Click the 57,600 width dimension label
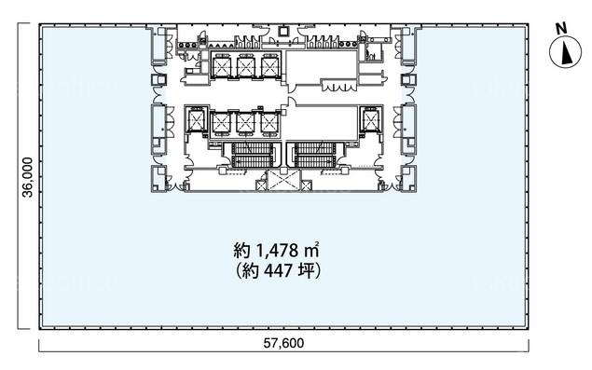click(x=283, y=343)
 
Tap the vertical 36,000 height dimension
click(x=28, y=177)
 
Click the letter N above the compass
click(x=562, y=29)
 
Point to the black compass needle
click(x=566, y=53)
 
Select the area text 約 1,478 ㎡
click(x=277, y=250)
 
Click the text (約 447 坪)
click(x=278, y=270)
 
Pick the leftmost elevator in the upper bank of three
click(x=221, y=65)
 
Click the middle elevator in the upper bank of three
click(x=246, y=65)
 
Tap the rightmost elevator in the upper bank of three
click(x=270, y=65)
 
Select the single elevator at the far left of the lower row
click(x=196, y=120)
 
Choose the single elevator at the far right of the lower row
click(x=369, y=120)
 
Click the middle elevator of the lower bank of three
click(x=245, y=123)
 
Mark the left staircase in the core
click(x=253, y=155)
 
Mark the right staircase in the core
click(x=314, y=155)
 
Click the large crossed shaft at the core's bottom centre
click(x=283, y=180)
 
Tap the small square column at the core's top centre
click(x=283, y=32)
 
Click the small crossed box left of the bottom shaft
click(x=261, y=185)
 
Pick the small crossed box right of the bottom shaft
click(x=306, y=185)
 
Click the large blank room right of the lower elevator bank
click(x=321, y=123)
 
